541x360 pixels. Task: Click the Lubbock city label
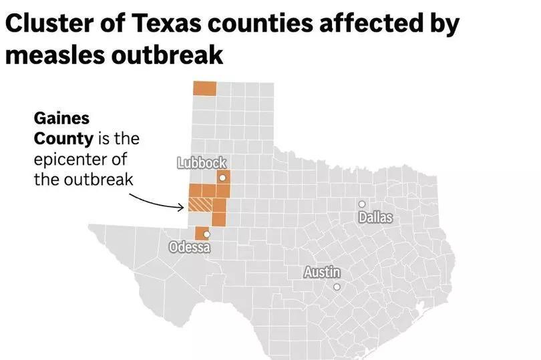[202, 162]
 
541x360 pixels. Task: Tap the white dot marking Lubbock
[222, 178]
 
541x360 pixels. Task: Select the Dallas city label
[375, 217]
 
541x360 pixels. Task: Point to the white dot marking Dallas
[362, 204]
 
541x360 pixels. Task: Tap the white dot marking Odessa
[206, 234]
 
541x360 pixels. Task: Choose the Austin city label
[322, 273]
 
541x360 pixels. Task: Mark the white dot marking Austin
[337, 287]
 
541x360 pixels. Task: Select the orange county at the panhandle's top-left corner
[204, 89]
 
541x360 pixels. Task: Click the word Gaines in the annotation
[61, 118]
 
